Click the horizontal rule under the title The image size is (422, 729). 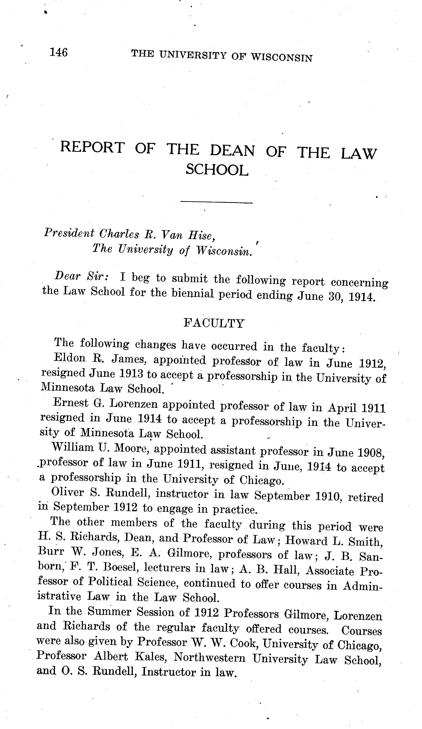[x=216, y=202]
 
